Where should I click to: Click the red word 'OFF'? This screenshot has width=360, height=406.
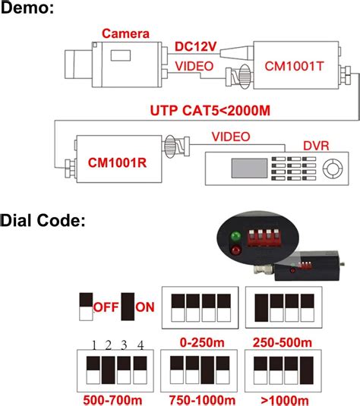(x=106, y=307)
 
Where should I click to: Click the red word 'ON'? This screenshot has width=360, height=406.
(x=145, y=307)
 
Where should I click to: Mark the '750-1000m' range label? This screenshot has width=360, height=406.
(x=201, y=397)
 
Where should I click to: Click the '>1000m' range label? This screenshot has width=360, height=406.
(x=283, y=397)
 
